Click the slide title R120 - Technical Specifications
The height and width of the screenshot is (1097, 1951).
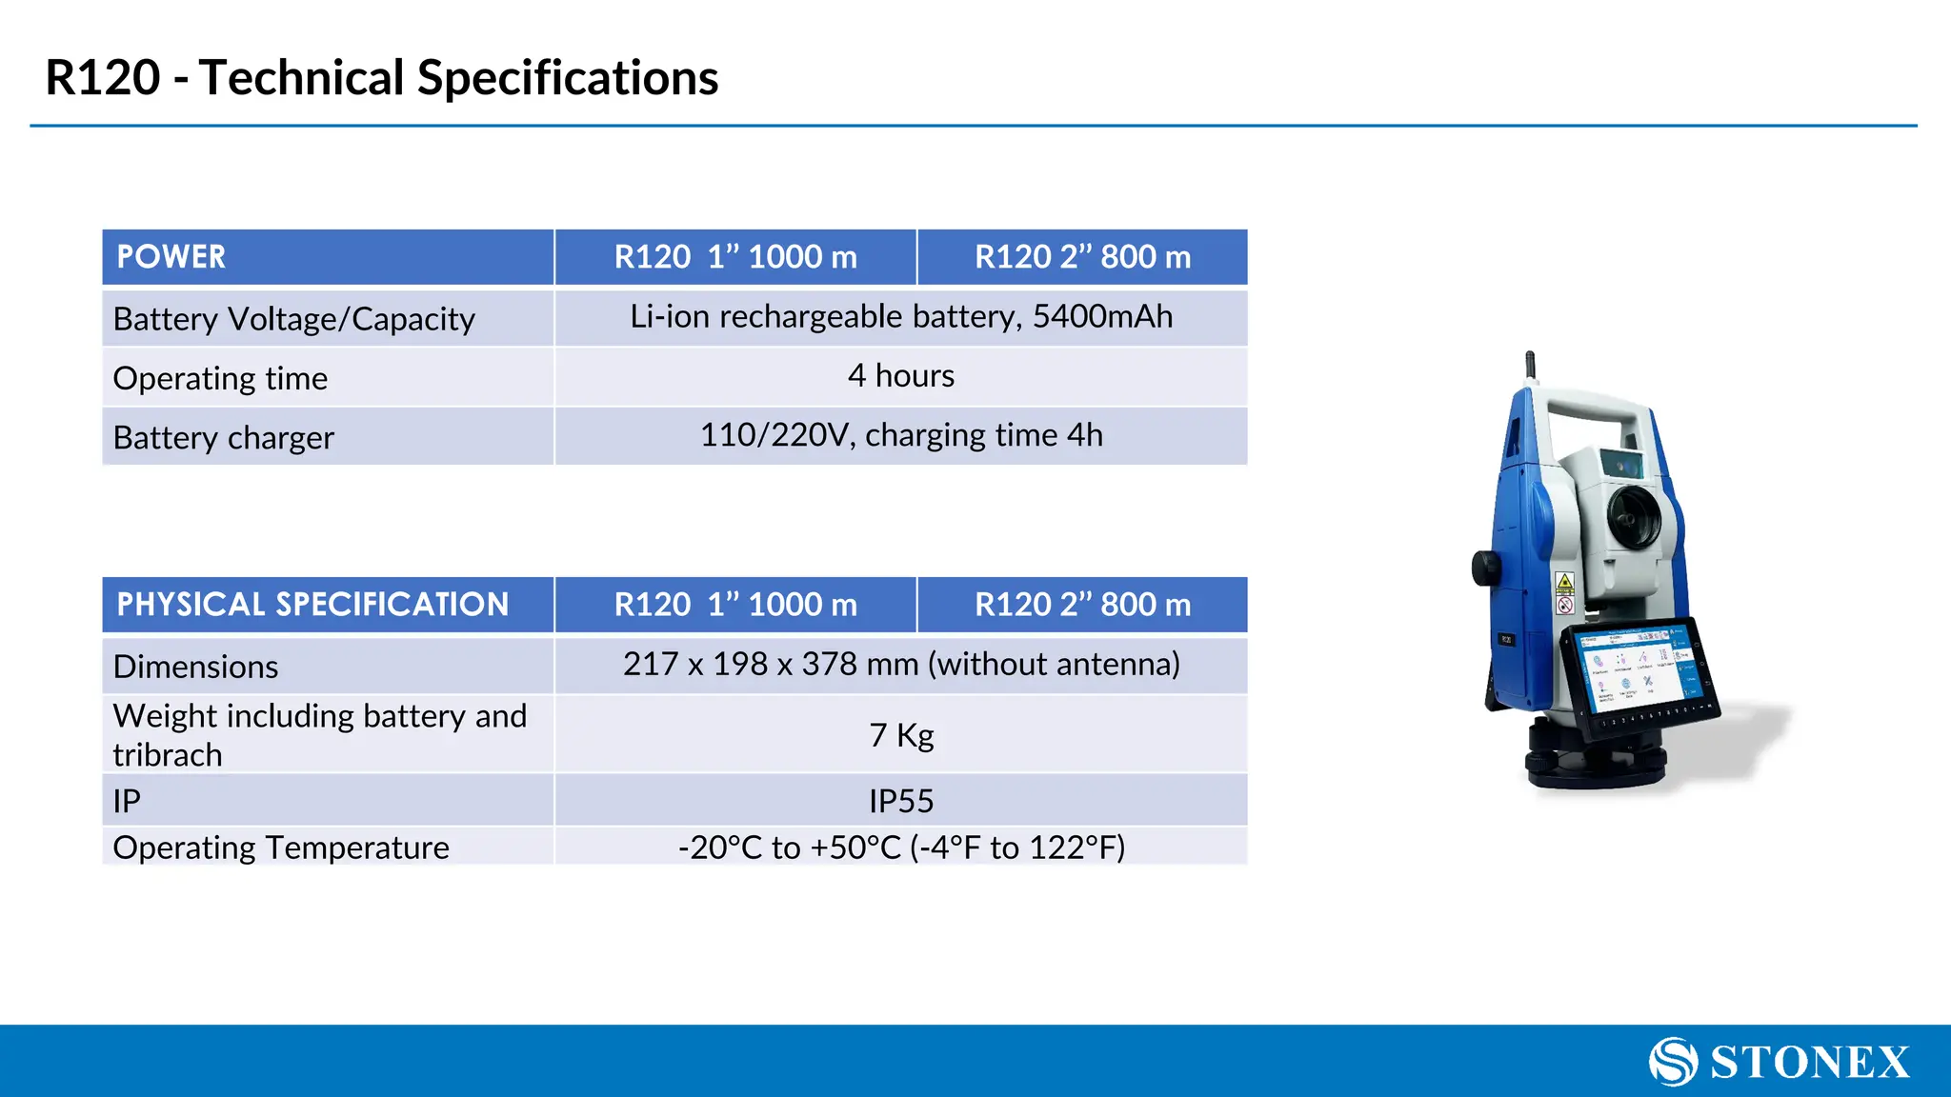381,78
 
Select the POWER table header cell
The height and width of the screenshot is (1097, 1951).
327,257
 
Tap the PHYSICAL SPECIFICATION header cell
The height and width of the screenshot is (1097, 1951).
327,605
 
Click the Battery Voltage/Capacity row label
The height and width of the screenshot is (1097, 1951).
293,319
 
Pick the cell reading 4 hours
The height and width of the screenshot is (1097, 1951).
900,376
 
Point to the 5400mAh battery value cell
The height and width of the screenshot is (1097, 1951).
900,317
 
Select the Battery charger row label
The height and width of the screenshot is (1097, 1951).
224,438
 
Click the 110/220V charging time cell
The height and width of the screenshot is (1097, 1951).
900,436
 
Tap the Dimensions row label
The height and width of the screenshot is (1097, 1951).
196,667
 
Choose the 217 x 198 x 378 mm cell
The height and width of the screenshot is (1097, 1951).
900,665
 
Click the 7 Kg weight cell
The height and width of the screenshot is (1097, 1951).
900,735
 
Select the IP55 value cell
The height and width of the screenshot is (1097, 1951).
900,801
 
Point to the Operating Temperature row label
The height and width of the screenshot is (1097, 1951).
281,848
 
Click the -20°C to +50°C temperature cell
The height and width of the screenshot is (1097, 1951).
900,848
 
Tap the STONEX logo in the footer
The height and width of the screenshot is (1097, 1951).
1779,1062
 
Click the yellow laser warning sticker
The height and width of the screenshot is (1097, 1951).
1564,582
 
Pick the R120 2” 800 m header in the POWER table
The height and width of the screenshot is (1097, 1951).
1082,257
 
